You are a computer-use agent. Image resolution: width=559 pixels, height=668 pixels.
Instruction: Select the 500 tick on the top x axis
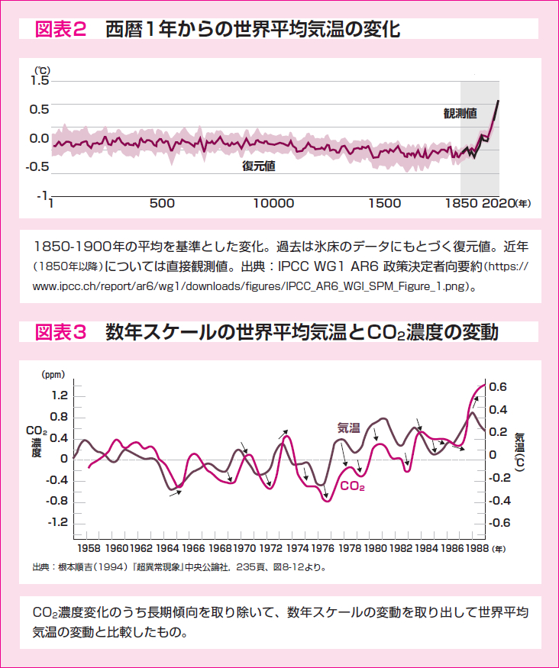pyautogui.click(x=162, y=204)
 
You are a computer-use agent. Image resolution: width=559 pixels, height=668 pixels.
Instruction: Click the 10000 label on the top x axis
pyautogui.click(x=273, y=204)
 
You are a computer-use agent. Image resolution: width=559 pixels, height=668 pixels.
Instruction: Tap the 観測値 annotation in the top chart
pyautogui.click(x=460, y=114)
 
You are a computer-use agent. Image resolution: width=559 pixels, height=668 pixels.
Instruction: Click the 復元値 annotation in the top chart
pyautogui.click(x=259, y=166)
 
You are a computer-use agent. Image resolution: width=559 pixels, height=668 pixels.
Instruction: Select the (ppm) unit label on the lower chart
pyautogui.click(x=53, y=375)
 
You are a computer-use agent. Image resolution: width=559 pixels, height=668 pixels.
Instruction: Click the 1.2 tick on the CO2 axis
pyautogui.click(x=58, y=395)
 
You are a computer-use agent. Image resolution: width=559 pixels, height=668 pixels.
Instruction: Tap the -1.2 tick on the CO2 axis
pyautogui.click(x=57, y=523)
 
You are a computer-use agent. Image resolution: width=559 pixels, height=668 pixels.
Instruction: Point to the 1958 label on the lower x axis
pyautogui.click(x=89, y=548)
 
